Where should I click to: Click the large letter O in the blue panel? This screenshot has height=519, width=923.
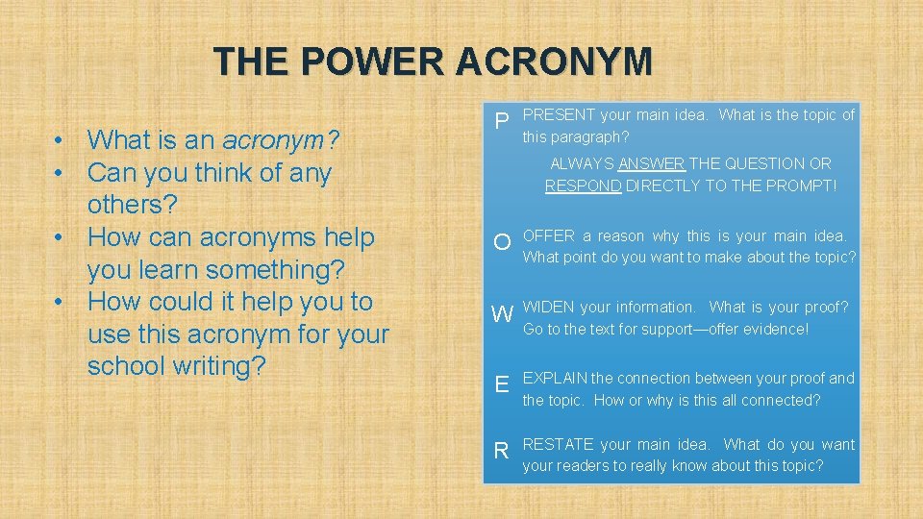pos(502,242)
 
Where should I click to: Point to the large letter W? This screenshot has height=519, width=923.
pos(502,314)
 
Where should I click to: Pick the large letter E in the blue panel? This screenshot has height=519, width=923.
pos(501,385)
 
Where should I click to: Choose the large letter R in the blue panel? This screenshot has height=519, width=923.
pos(501,451)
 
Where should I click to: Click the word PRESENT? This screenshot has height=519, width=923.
pos(558,115)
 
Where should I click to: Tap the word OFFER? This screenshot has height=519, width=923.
pos(548,235)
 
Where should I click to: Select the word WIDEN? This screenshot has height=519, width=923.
pos(549,308)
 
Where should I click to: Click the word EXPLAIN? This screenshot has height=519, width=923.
pos(555,378)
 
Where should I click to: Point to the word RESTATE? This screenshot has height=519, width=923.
pos(558,444)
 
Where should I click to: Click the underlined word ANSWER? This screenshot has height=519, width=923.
pos(652,164)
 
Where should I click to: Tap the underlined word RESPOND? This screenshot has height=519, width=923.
pos(584,186)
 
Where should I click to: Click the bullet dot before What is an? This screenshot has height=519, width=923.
pos(60,140)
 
